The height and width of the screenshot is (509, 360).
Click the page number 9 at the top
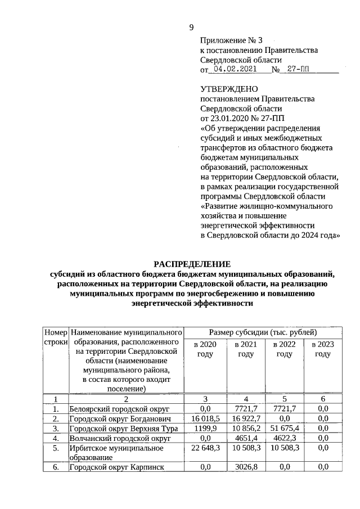point(191,28)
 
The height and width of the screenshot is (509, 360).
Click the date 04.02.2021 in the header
point(233,70)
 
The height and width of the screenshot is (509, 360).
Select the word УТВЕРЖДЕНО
point(229,89)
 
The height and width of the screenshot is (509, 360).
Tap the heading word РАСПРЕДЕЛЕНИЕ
point(192,264)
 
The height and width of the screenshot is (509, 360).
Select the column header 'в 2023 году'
point(322,349)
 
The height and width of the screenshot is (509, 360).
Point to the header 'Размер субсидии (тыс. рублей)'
point(263,332)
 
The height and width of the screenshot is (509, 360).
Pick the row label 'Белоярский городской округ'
point(119,408)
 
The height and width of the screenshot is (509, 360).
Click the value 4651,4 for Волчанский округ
point(245,438)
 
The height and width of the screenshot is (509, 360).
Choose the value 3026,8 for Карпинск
point(245,467)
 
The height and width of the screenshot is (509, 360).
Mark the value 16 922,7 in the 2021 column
point(245,418)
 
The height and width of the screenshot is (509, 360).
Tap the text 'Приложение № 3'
point(231,41)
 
